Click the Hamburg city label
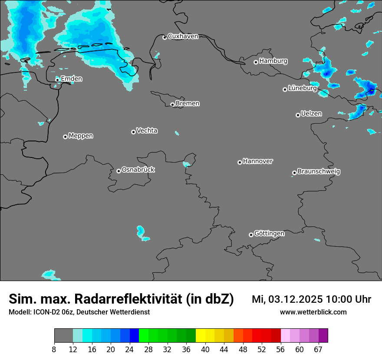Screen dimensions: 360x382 point(273,61)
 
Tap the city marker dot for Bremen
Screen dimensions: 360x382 point(172,105)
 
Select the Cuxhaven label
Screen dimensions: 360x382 point(183,36)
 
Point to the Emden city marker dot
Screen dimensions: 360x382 point(57,79)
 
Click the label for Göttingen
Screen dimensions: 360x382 point(269,233)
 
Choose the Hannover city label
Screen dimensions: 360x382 point(257,161)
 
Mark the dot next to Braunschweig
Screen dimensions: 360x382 point(294,173)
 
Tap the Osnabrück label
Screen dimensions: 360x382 point(138,170)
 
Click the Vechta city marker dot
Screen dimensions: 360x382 point(133,132)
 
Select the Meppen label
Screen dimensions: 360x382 point(81,136)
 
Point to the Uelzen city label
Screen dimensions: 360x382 point(311,114)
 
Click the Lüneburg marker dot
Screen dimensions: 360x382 point(285,89)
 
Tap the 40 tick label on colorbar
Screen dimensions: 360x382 point(205,350)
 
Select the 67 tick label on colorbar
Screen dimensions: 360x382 point(318,350)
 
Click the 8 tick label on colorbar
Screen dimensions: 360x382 point(55,350)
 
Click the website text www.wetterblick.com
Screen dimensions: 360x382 point(313,312)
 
